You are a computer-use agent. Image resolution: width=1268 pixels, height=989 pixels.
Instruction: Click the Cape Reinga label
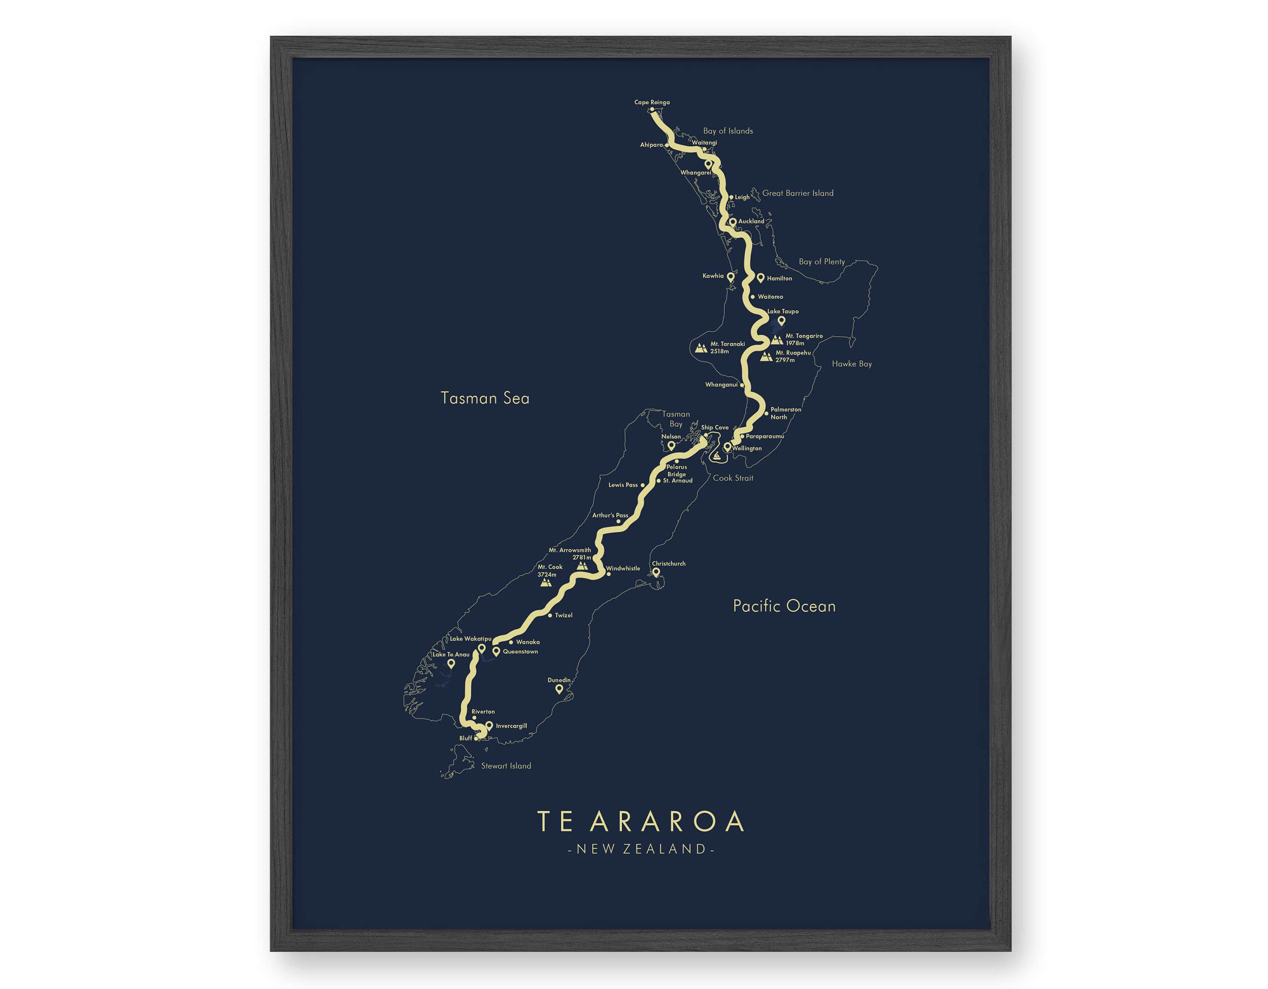pos(651,102)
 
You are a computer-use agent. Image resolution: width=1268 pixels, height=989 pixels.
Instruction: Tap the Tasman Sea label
pos(485,398)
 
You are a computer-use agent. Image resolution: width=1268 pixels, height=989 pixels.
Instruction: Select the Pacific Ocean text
pos(784,606)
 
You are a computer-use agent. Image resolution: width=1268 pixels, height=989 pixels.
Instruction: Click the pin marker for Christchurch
pos(656,572)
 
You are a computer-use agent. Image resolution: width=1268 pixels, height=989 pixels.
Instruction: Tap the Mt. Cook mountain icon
pos(545,582)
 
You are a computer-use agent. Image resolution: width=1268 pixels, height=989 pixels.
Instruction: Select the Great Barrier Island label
pos(797,193)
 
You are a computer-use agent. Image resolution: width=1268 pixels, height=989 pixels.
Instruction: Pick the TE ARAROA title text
pos(640,821)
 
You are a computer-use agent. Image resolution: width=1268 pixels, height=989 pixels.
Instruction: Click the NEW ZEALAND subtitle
pos(640,849)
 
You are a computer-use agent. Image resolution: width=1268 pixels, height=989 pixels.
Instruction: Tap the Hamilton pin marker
pos(761,278)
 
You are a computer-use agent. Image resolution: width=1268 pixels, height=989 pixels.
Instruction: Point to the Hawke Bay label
pos(851,364)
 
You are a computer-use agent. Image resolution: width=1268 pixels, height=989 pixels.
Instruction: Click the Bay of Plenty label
pos(821,262)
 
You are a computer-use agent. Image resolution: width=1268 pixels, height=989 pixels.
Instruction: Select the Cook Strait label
pos(733,478)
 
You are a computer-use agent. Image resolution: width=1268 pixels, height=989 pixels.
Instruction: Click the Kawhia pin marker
pos(731,277)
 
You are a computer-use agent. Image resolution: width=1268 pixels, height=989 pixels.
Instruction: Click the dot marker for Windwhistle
pos(608,574)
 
